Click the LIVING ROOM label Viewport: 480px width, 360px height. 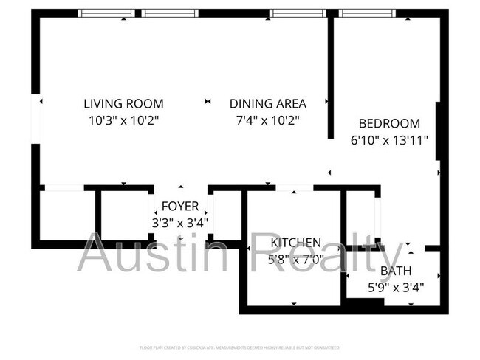(123, 103)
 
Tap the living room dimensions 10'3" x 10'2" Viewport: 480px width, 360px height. (123, 119)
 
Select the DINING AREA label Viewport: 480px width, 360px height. (267, 103)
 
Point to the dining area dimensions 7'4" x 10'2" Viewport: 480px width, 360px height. (267, 119)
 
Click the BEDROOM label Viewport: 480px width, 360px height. (389, 123)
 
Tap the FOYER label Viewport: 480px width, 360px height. (180, 206)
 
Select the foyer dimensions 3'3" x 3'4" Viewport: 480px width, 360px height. (180, 221)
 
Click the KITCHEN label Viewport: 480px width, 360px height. (295, 243)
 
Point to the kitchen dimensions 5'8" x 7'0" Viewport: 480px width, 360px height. (295, 258)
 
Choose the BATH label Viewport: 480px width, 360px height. (396, 271)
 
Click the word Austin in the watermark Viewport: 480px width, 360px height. (155, 253)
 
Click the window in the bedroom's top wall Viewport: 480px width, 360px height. (368, 13)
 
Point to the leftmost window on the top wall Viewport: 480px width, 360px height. (107, 13)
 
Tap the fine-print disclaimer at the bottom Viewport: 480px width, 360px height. (239, 347)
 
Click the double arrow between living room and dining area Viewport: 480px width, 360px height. (208, 101)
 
